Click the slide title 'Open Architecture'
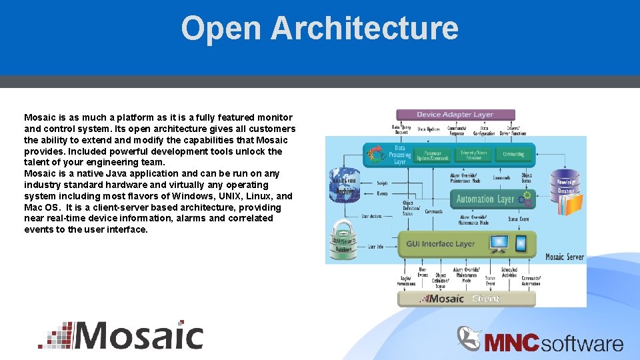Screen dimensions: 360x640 click(x=319, y=29)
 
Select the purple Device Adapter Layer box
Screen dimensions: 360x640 click(x=455, y=115)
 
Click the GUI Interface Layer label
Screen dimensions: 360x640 click(x=441, y=244)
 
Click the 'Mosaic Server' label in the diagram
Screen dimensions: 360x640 click(x=564, y=257)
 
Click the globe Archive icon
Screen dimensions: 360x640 click(x=345, y=184)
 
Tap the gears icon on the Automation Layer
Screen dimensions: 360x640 click(x=526, y=197)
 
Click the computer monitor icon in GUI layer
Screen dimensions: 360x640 click(x=499, y=243)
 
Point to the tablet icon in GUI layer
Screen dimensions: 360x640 click(x=522, y=243)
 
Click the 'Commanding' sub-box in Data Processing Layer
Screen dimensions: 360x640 click(x=513, y=154)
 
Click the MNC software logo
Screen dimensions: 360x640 click(x=541, y=341)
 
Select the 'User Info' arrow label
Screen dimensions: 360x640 click(x=376, y=247)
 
